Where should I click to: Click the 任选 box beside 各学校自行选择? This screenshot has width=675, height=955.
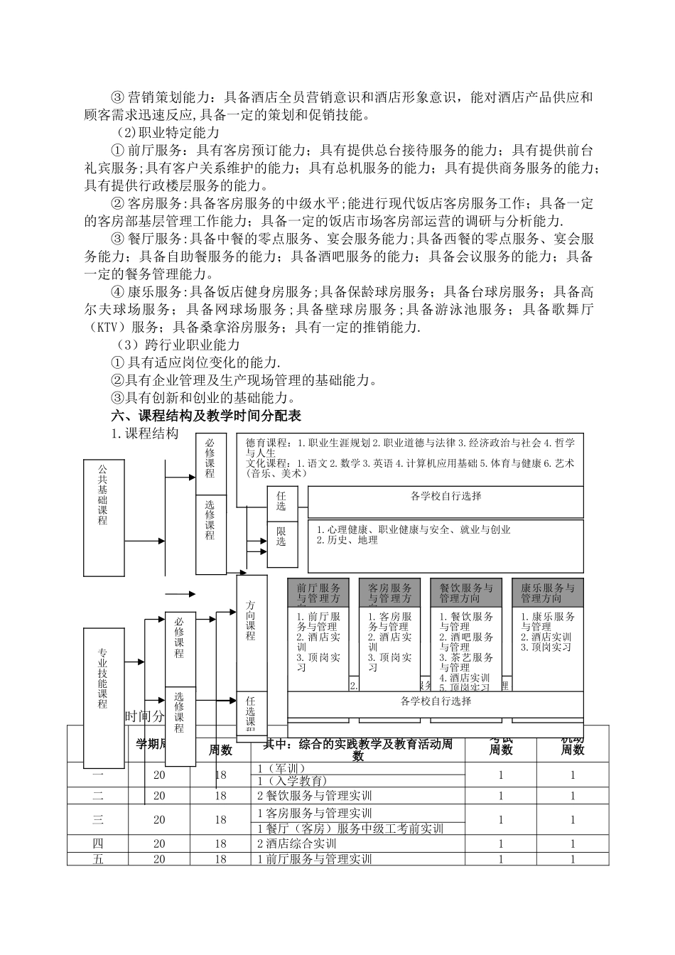pos(281,502)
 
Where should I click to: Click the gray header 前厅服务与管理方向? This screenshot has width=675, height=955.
pos(318,593)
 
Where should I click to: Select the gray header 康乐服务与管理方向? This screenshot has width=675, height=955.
pos(548,593)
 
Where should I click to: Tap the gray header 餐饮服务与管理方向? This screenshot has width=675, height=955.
pos(466,593)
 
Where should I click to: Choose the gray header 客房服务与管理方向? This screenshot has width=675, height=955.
pos(389,593)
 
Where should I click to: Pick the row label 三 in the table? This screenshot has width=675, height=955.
pos(98,819)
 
